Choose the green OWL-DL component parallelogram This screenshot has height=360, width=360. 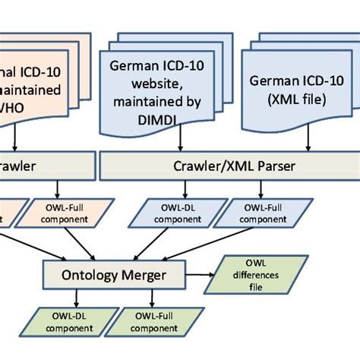(65, 323)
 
